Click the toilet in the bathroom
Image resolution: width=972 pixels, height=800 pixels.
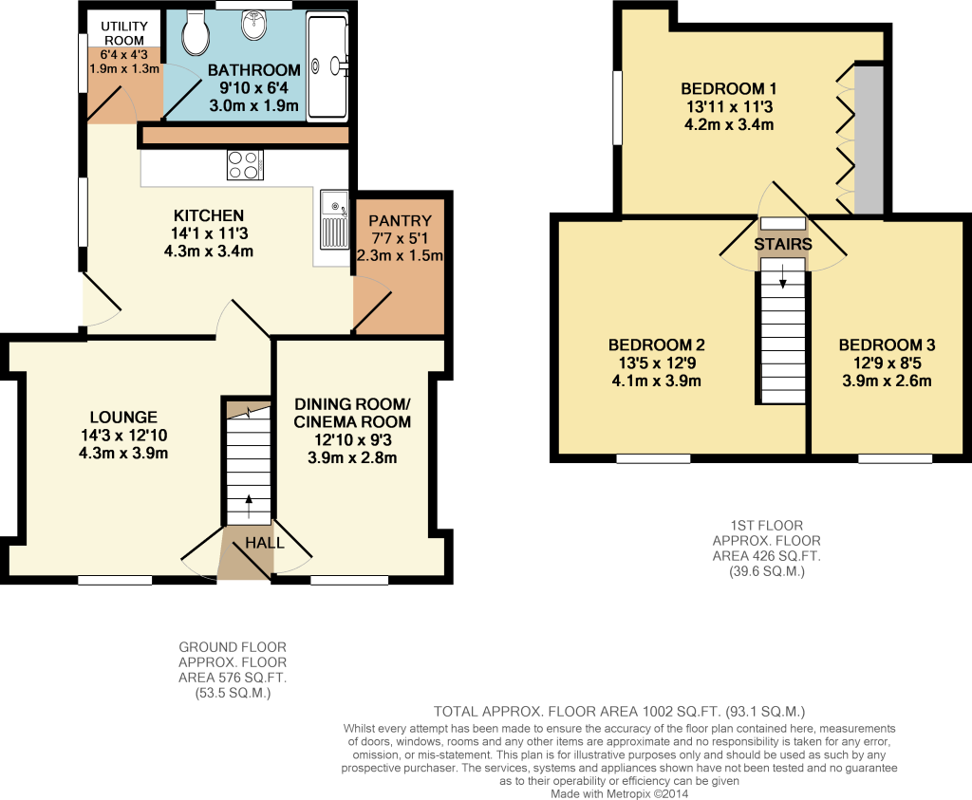click(196, 33)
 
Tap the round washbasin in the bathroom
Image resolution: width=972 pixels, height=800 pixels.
click(253, 25)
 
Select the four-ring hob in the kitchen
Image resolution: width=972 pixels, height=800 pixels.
click(245, 165)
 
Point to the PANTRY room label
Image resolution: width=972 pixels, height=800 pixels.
click(400, 220)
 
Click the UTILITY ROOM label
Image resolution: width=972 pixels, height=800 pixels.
click(124, 33)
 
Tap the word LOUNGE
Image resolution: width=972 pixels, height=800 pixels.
click(123, 417)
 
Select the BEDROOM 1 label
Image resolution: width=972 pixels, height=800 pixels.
click(728, 88)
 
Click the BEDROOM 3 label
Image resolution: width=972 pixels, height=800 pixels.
click(887, 345)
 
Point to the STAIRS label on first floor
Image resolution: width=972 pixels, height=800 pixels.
click(783, 244)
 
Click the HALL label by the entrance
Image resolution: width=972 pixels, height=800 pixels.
click(265, 544)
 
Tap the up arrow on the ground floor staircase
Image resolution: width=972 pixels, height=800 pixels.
click(250, 506)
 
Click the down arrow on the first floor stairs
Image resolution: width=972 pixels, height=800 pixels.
click(783, 276)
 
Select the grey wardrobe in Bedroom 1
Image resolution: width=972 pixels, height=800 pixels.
click(869, 140)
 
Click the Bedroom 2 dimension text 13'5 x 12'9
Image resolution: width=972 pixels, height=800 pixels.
click(656, 363)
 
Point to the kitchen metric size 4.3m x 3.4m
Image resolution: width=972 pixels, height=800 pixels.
click(208, 251)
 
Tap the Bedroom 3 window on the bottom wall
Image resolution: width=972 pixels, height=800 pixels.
click(895, 458)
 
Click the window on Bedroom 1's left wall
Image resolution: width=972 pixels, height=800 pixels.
click(617, 108)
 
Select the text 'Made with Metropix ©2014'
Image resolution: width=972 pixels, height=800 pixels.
click(619, 793)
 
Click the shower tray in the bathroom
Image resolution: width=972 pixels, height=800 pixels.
click(327, 67)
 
